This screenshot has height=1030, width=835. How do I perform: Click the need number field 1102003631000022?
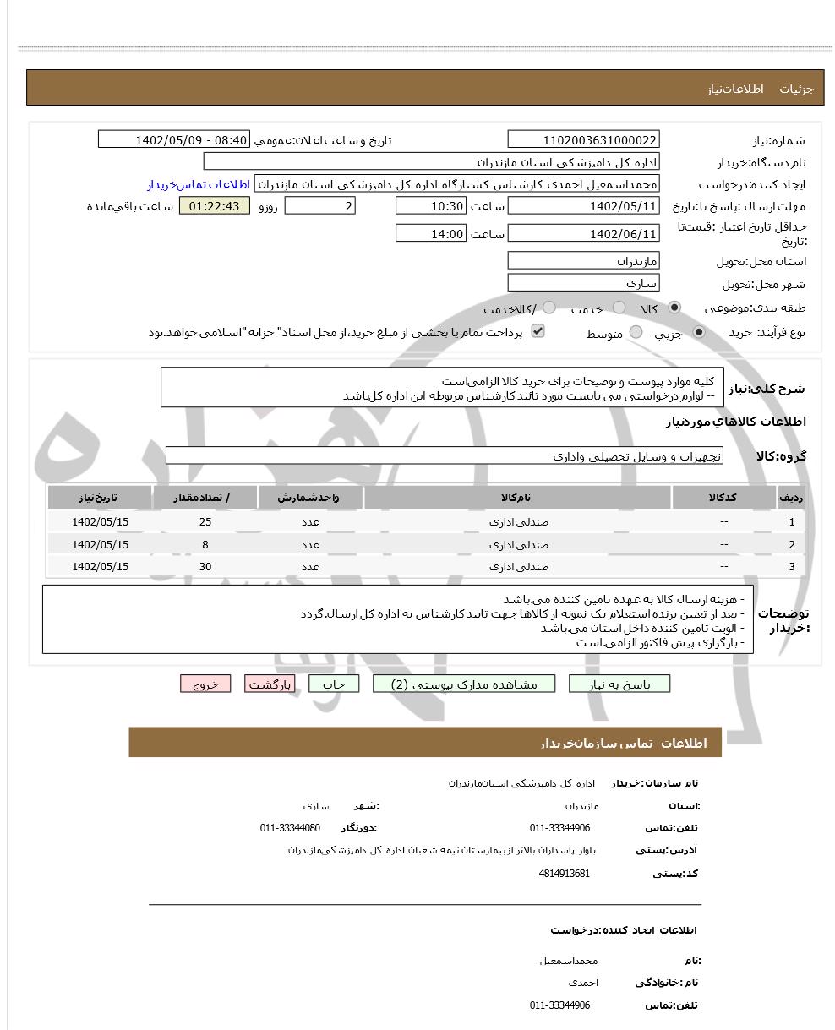pyautogui.click(x=583, y=140)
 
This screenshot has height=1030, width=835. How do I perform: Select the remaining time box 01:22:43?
pyautogui.click(x=215, y=206)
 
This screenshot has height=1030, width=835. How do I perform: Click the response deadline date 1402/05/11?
pyautogui.click(x=583, y=206)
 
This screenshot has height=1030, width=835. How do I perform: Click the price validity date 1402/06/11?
pyautogui.click(x=583, y=234)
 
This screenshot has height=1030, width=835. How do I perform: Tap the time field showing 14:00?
pyautogui.click(x=430, y=234)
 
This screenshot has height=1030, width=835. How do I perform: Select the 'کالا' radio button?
pyautogui.click(x=674, y=308)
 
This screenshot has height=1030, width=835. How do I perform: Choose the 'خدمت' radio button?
pyautogui.click(x=619, y=308)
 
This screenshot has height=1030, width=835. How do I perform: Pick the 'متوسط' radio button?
pyautogui.click(x=636, y=333)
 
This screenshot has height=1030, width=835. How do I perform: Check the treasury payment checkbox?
pyautogui.click(x=538, y=331)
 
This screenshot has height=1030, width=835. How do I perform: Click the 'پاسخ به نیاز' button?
pyautogui.click(x=619, y=684)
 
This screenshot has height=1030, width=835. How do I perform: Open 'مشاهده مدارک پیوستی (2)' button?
pyautogui.click(x=464, y=684)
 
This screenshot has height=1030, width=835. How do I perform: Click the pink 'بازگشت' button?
pyautogui.click(x=270, y=684)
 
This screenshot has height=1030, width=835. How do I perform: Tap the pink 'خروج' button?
pyautogui.click(x=205, y=684)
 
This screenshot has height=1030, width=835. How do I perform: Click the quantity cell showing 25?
pyautogui.click(x=205, y=522)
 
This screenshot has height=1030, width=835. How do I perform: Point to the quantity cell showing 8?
pyautogui.click(x=205, y=545)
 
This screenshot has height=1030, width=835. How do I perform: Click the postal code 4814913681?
pyautogui.click(x=564, y=874)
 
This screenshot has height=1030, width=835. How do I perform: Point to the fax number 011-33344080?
pyautogui.click(x=290, y=828)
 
